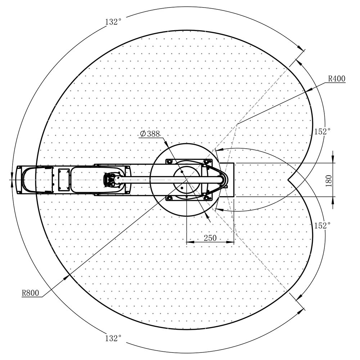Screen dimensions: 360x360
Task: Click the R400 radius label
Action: pos(337,79)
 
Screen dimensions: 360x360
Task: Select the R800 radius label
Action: pos(31,293)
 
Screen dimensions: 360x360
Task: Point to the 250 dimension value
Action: pos(210,238)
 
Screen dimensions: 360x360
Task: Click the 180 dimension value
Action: pos(329,181)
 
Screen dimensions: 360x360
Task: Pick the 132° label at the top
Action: pos(113,22)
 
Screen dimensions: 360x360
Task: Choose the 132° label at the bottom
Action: pos(113,338)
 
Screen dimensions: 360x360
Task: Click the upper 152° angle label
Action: pos(322,131)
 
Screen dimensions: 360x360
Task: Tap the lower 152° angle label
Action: pos(322,225)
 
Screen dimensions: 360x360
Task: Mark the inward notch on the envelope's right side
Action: pos(289,180)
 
